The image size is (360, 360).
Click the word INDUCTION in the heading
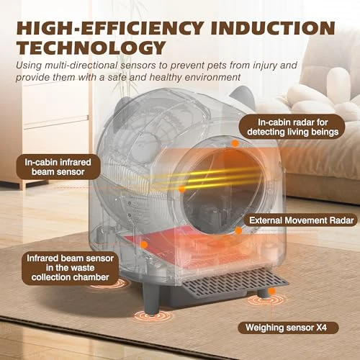(x=273, y=28)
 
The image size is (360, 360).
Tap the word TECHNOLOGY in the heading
(x=91, y=48)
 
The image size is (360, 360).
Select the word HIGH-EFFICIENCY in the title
(x=110, y=28)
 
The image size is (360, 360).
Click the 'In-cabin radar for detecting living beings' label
(x=292, y=127)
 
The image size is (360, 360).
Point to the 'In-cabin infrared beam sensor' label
(x=58, y=167)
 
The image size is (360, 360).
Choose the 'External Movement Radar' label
(x=301, y=220)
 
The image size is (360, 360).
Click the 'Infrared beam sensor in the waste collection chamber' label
(x=70, y=268)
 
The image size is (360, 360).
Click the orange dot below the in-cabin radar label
(x=235, y=143)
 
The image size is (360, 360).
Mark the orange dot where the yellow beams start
(x=182, y=189)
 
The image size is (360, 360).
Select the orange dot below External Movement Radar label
(x=238, y=230)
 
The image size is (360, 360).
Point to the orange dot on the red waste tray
(x=144, y=245)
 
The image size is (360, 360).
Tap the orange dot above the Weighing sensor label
(x=271, y=292)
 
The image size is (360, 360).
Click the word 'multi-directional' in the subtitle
(x=81, y=66)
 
